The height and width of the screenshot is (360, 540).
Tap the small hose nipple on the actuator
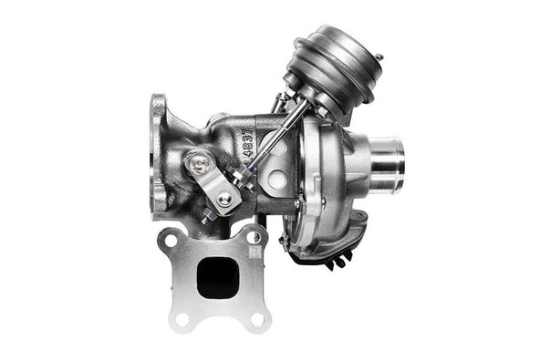[379, 57]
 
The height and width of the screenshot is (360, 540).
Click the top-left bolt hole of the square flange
[171, 240]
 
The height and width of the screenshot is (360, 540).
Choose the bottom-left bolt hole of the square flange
[182, 318]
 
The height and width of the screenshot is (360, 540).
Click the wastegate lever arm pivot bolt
[199, 164]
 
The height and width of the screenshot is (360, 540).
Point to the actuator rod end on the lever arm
[223, 199]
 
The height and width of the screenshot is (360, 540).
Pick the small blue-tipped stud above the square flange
[210, 217]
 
